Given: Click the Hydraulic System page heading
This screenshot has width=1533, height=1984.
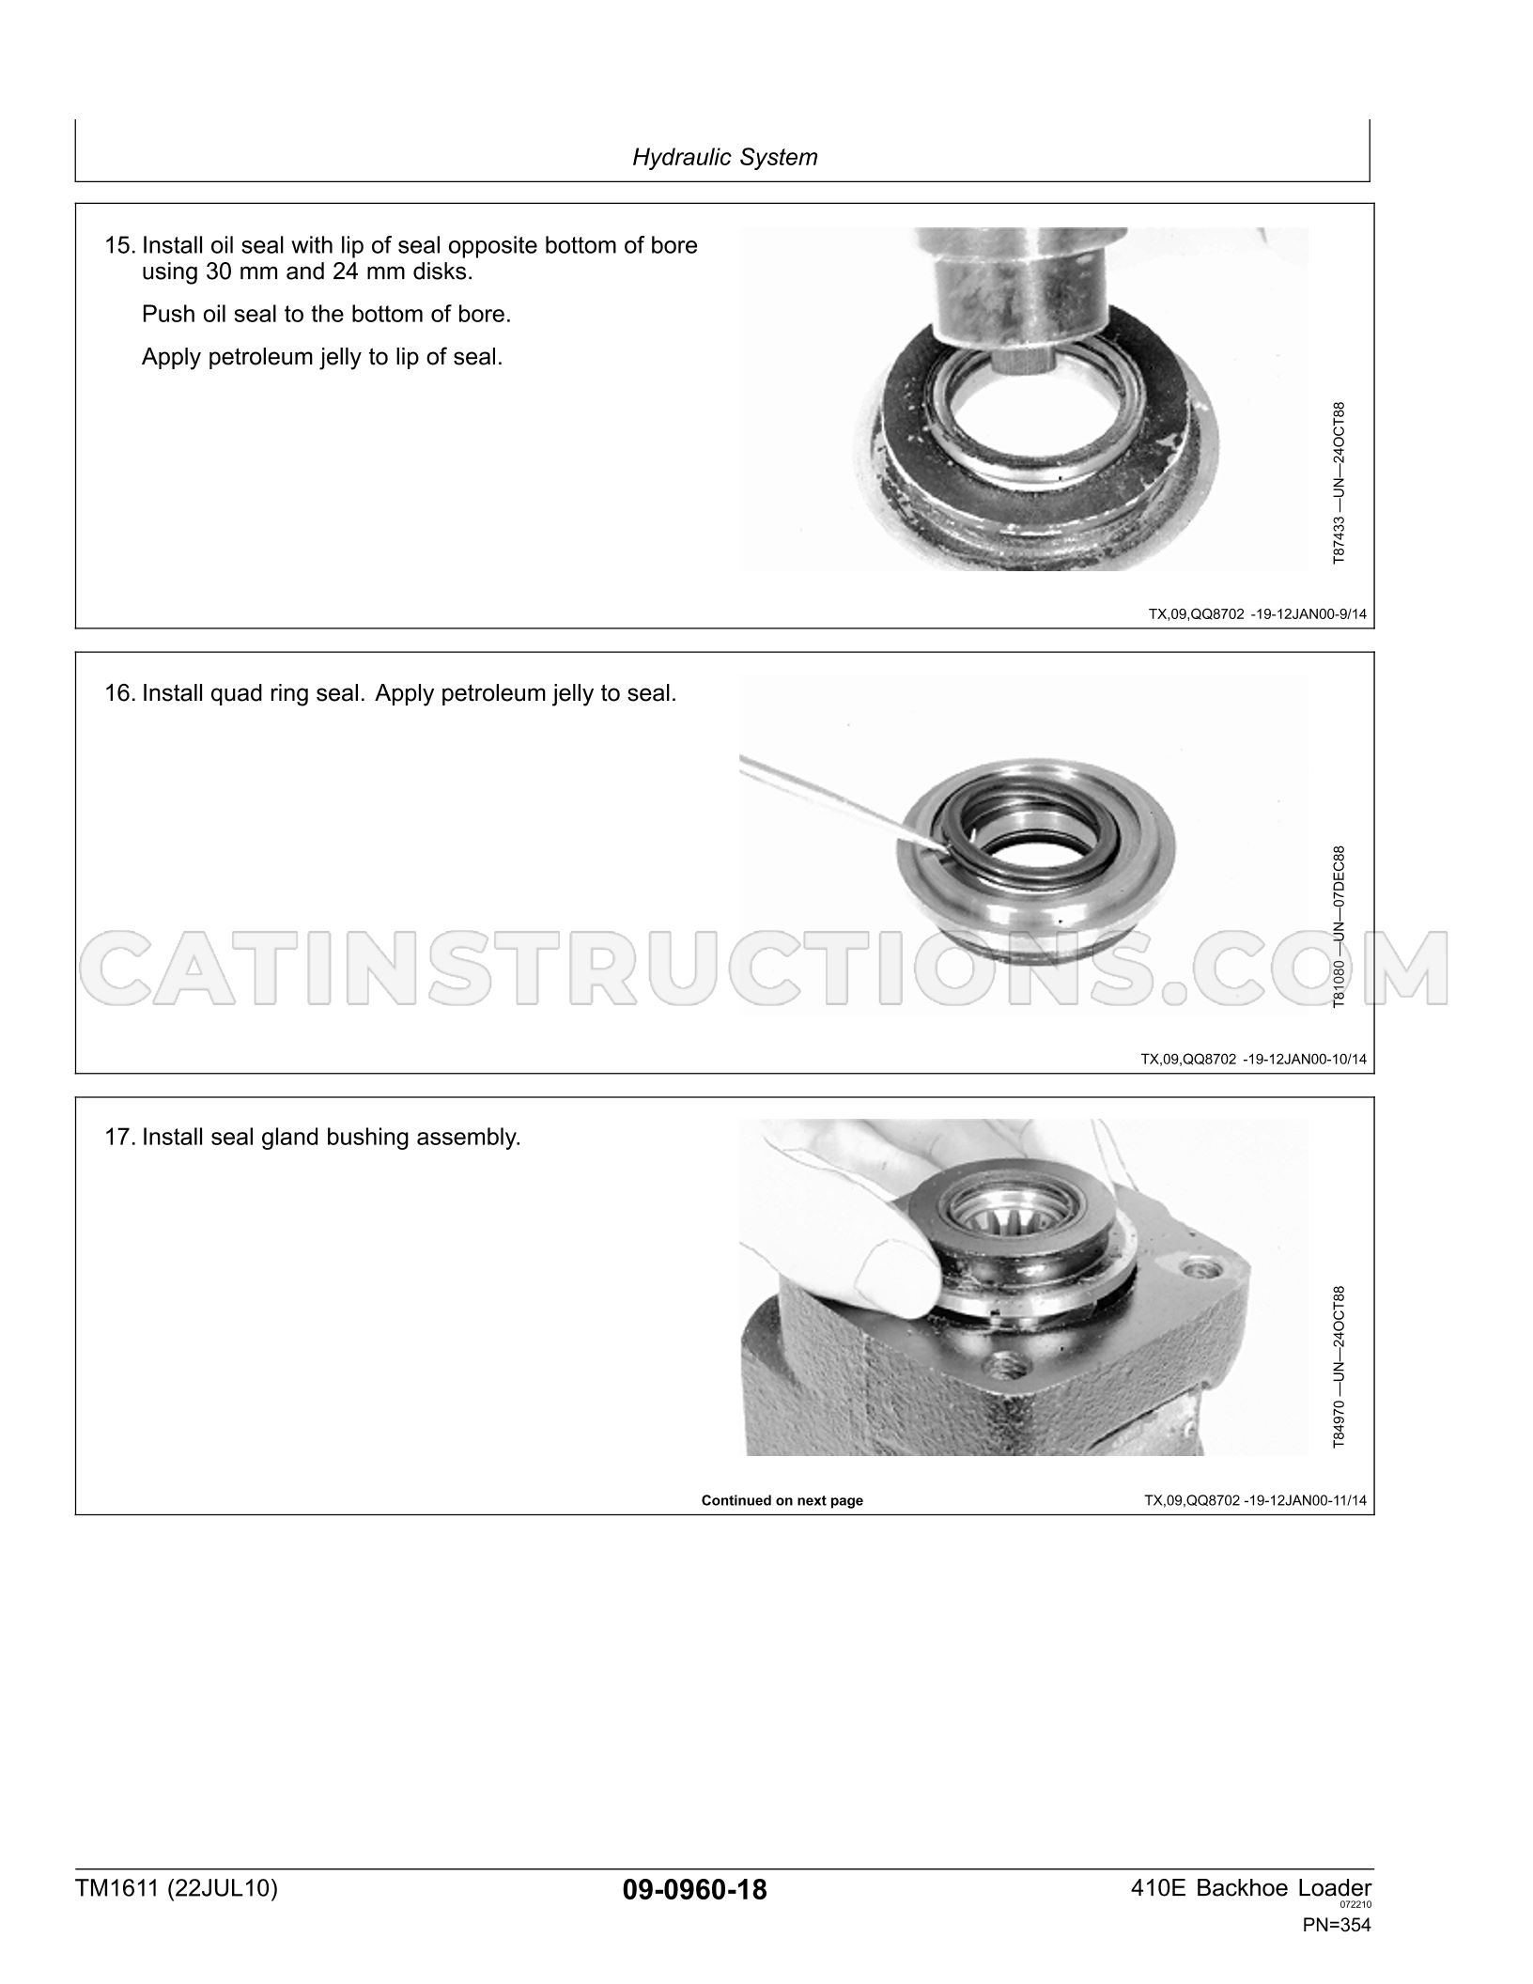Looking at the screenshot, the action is point(724,157).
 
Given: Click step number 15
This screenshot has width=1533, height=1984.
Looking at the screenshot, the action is point(119,246).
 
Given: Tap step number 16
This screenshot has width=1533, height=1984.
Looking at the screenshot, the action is point(119,694).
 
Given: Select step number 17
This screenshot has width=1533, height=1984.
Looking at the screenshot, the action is point(119,1138).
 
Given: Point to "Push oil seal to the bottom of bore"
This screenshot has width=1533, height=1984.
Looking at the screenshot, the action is point(326,315).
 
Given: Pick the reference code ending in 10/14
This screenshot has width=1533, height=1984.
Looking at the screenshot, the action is point(1254,1059).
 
